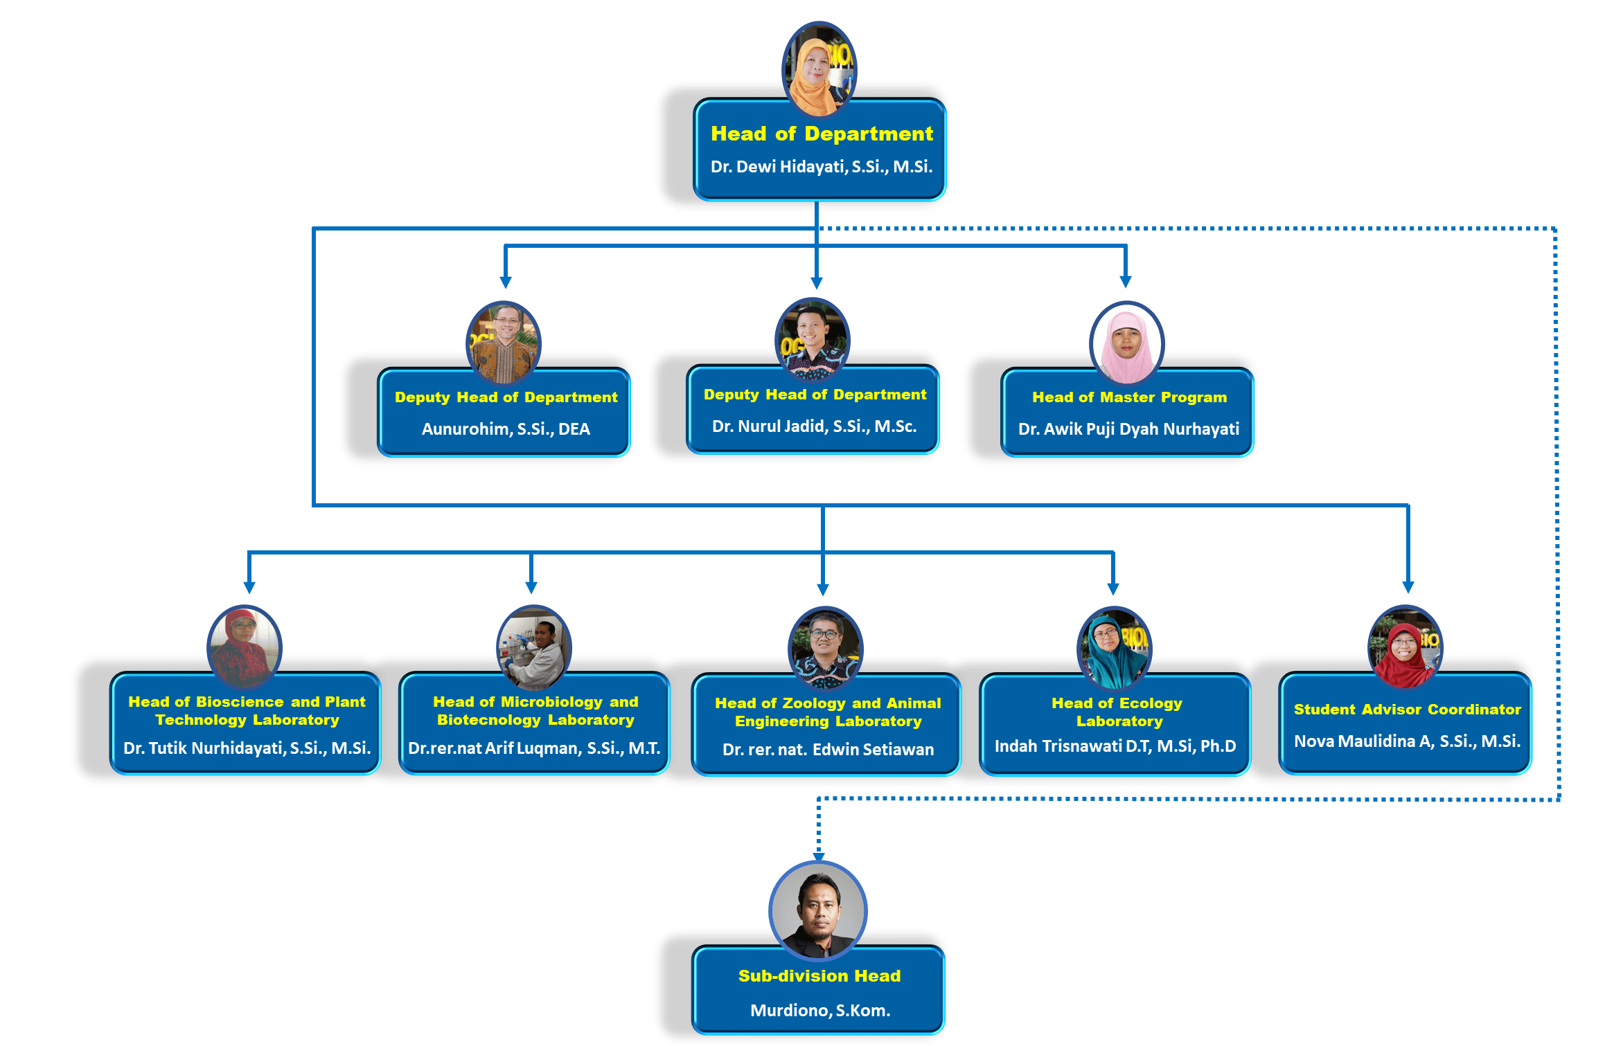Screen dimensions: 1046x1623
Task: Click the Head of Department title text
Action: pyautogui.click(x=822, y=134)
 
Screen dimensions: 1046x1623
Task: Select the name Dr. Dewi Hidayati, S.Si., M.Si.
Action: pyautogui.click(x=822, y=167)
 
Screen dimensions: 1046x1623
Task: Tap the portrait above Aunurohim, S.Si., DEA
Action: pyautogui.click(x=504, y=342)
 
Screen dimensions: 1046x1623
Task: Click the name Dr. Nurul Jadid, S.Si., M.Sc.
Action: pyautogui.click(x=814, y=426)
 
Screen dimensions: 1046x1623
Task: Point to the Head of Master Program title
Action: pyautogui.click(x=1129, y=397)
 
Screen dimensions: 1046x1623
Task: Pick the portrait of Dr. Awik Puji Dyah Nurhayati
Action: pyautogui.click(x=1126, y=342)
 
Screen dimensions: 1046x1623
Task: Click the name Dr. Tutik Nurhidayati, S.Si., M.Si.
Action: pyautogui.click(x=247, y=748)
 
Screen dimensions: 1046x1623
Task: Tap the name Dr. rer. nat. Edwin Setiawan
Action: pyautogui.click(x=828, y=750)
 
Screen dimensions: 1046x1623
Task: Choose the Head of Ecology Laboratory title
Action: pyautogui.click(x=1117, y=712)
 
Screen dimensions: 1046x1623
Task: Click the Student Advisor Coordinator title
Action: pyautogui.click(x=1407, y=710)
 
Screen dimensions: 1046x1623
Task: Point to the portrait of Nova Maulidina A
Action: pyautogui.click(x=1404, y=647)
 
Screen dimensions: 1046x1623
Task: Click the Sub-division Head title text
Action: pyautogui.click(x=819, y=976)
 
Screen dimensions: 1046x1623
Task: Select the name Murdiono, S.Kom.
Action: pyautogui.click(x=820, y=1011)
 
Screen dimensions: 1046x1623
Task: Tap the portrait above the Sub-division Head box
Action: pyautogui.click(x=818, y=909)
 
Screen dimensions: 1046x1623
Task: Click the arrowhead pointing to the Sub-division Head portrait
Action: pyautogui.click(x=819, y=856)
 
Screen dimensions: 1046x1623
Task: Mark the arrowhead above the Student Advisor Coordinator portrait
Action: pyautogui.click(x=1408, y=587)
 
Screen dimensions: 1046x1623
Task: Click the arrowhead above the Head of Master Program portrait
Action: pyautogui.click(x=1126, y=282)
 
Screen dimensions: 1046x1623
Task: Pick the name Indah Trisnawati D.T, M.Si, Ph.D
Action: pyautogui.click(x=1115, y=746)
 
